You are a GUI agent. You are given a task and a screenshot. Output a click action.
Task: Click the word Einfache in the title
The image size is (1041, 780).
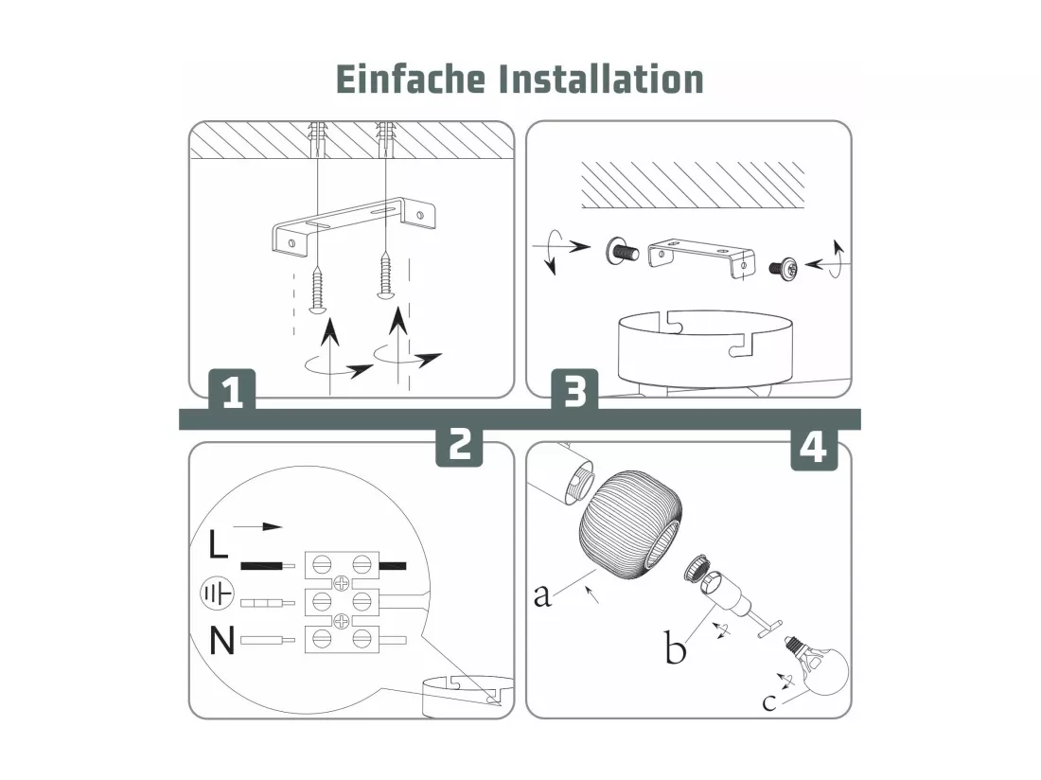click(x=411, y=79)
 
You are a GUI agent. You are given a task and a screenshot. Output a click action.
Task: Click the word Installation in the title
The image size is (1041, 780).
click(x=601, y=79)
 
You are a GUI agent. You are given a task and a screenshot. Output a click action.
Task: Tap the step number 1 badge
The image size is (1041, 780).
click(x=232, y=391)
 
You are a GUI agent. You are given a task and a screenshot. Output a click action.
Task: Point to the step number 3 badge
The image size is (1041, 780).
click(x=575, y=391)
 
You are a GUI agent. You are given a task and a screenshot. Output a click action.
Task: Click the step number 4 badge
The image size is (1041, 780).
click(x=814, y=448)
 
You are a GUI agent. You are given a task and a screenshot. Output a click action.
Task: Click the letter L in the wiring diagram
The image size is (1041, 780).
click(x=218, y=543)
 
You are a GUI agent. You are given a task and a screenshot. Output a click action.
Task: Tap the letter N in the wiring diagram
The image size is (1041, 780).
click(x=221, y=641)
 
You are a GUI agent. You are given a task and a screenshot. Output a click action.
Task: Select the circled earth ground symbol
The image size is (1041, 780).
click(x=217, y=593)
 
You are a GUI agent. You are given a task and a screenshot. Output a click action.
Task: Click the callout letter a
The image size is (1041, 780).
click(x=542, y=595)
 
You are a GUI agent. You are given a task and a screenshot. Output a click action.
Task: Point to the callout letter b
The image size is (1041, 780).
click(x=675, y=647)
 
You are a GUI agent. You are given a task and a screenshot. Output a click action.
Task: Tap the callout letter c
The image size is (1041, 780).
click(x=768, y=702)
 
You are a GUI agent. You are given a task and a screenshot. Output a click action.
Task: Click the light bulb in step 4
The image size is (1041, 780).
click(x=819, y=665)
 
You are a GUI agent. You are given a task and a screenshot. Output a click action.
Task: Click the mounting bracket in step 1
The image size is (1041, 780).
click(x=353, y=225)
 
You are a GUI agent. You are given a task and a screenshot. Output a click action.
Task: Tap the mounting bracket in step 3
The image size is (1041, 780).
click(x=701, y=257)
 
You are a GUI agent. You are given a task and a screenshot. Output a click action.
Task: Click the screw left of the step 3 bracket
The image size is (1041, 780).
click(x=622, y=252)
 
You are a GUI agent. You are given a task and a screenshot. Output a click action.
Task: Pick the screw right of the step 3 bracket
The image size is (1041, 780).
click(x=785, y=267)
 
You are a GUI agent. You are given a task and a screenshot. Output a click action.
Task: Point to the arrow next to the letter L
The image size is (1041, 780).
click(x=257, y=527)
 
